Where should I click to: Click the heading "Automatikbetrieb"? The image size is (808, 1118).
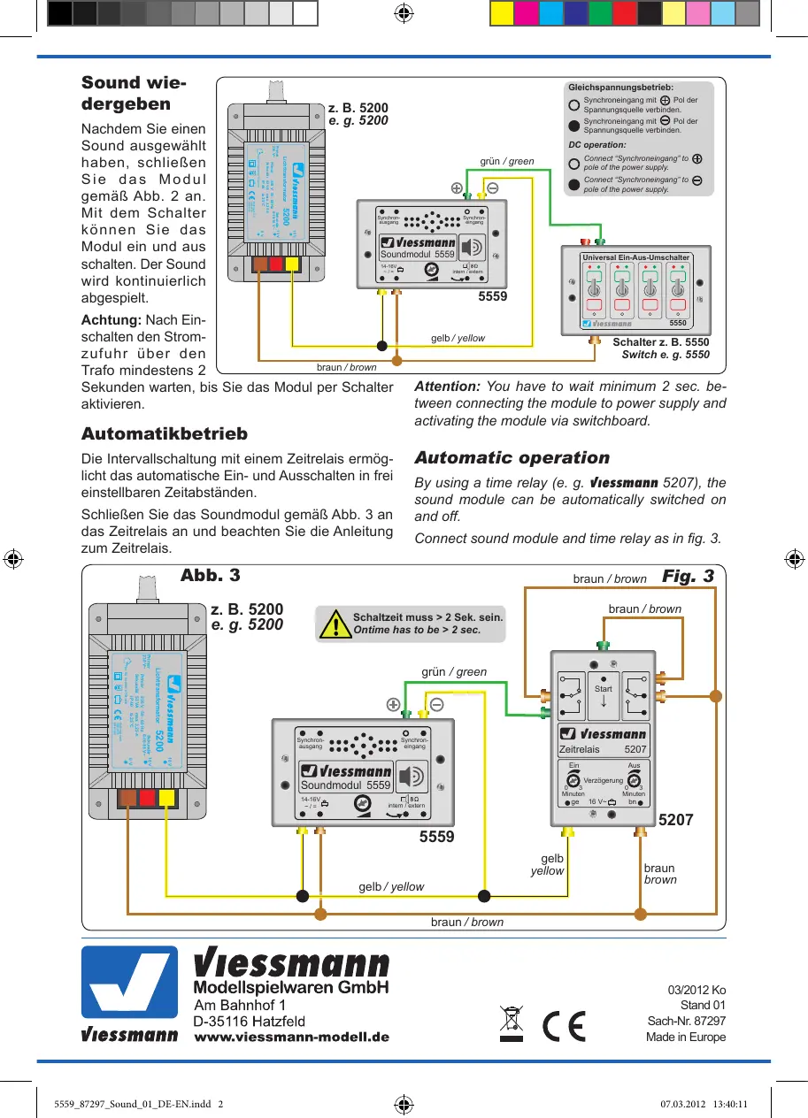click(x=165, y=434)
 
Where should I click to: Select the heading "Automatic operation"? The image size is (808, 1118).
click(x=512, y=458)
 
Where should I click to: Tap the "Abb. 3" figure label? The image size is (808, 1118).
click(x=210, y=575)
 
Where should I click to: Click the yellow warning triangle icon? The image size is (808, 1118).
click(x=335, y=624)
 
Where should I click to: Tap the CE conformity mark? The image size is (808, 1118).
click(x=564, y=1023)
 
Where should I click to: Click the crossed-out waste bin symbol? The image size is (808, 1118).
click(x=512, y=1023)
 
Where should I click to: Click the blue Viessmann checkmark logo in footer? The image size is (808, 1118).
click(x=129, y=983)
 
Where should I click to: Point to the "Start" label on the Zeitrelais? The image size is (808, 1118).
click(x=604, y=688)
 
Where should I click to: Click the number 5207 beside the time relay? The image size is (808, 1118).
click(x=676, y=821)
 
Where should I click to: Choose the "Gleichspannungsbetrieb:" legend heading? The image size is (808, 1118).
click(x=620, y=88)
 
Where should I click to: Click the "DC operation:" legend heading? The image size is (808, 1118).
click(x=596, y=144)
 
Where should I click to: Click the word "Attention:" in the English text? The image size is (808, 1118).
click(x=447, y=387)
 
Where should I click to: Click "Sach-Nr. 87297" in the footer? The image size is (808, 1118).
click(x=686, y=1022)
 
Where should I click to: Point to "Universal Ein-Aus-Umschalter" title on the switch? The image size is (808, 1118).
click(x=635, y=257)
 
